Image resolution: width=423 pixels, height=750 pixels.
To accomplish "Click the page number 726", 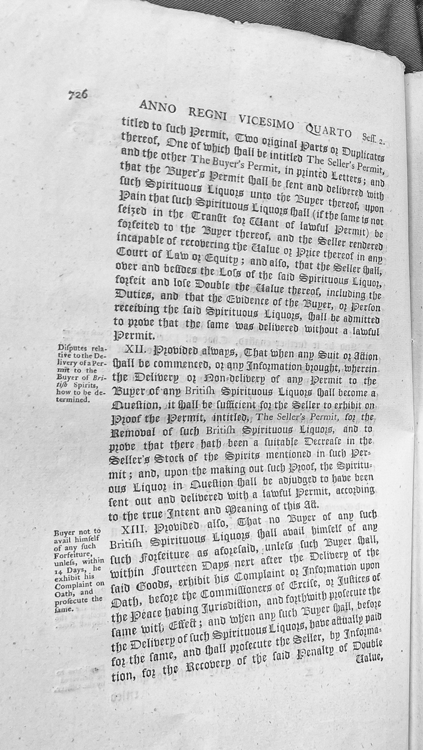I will [x=78, y=95].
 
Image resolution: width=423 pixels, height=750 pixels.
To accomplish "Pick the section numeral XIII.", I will [x=134, y=529].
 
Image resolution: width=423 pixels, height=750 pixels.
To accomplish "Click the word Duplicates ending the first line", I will [x=369, y=154].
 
